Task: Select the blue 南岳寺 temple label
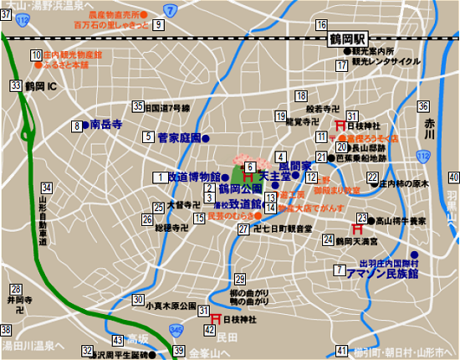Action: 106,125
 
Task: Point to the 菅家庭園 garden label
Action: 180,137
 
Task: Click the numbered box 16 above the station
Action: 321,24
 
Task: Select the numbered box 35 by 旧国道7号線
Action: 137,106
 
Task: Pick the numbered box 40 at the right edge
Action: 452,177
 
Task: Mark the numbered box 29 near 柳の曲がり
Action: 239,280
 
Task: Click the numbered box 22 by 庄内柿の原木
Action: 372,177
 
